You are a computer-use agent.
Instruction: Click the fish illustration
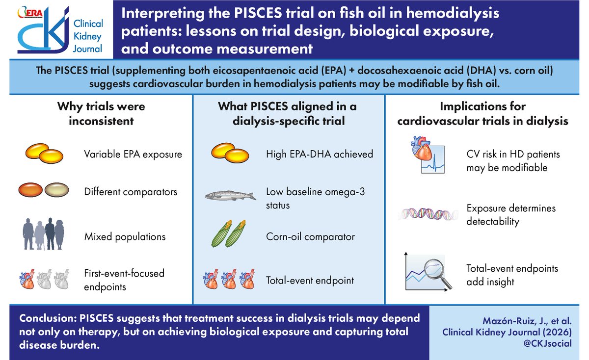[x=231, y=196]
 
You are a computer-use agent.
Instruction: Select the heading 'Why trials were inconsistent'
[x=101, y=113]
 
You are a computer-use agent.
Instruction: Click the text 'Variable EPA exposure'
[x=133, y=154]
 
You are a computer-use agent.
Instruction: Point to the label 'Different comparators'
[x=131, y=191]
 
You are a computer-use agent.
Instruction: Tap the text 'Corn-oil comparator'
[x=310, y=237]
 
